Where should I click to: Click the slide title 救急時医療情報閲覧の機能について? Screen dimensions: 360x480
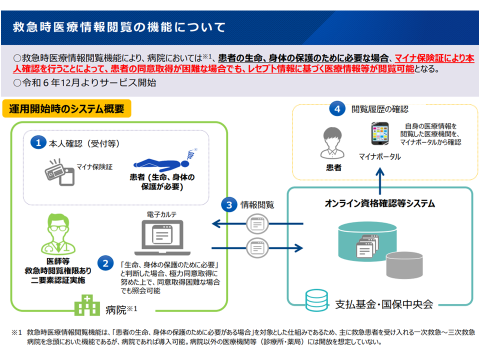tap(119, 27)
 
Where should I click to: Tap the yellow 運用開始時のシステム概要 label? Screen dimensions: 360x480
tap(67, 108)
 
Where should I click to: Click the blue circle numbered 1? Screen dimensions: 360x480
tap(38, 143)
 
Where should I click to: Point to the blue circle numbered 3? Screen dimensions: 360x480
tap(228, 204)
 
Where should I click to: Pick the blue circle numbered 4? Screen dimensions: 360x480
tap(338, 108)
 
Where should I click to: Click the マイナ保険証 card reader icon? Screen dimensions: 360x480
tap(59, 172)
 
